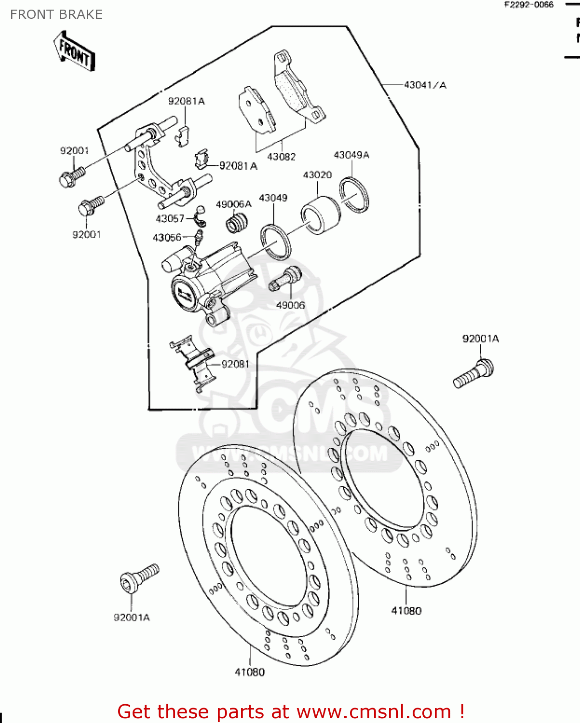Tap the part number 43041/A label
[x=425, y=85]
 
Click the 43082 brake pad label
[x=281, y=157]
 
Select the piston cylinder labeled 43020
[x=321, y=215]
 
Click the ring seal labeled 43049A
[x=354, y=194]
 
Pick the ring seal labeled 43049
[x=276, y=242]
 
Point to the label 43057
[x=170, y=219]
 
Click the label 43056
[x=167, y=238]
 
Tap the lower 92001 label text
[x=86, y=235]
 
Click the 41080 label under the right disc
[x=406, y=611]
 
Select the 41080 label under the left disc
[x=250, y=672]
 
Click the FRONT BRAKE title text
[x=56, y=15]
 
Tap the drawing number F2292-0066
[x=529, y=5]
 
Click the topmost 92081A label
[x=186, y=101]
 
